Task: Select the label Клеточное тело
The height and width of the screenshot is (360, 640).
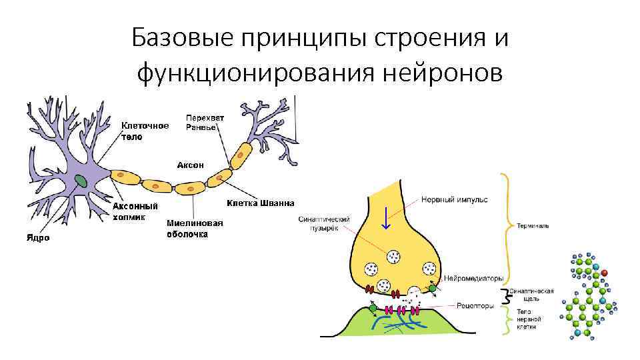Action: [145, 130]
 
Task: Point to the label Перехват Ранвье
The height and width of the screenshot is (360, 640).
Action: [205, 122]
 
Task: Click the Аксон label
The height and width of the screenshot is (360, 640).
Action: [190, 164]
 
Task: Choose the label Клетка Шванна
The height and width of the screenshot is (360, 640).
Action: [260, 203]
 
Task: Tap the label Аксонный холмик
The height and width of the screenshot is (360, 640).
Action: [135, 211]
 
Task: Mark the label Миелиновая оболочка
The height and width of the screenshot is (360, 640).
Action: [195, 229]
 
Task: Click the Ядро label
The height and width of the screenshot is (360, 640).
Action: [38, 238]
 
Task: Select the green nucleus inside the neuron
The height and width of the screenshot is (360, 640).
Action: [81, 180]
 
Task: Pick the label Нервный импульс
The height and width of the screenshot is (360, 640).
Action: [455, 199]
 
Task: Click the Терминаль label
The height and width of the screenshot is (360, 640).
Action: [533, 226]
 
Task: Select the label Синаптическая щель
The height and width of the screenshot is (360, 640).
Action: [531, 295]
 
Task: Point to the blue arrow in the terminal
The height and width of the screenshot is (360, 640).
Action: [385, 218]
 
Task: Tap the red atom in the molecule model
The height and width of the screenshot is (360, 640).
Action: [604, 273]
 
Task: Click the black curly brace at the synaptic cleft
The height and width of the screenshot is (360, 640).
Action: [505, 295]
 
